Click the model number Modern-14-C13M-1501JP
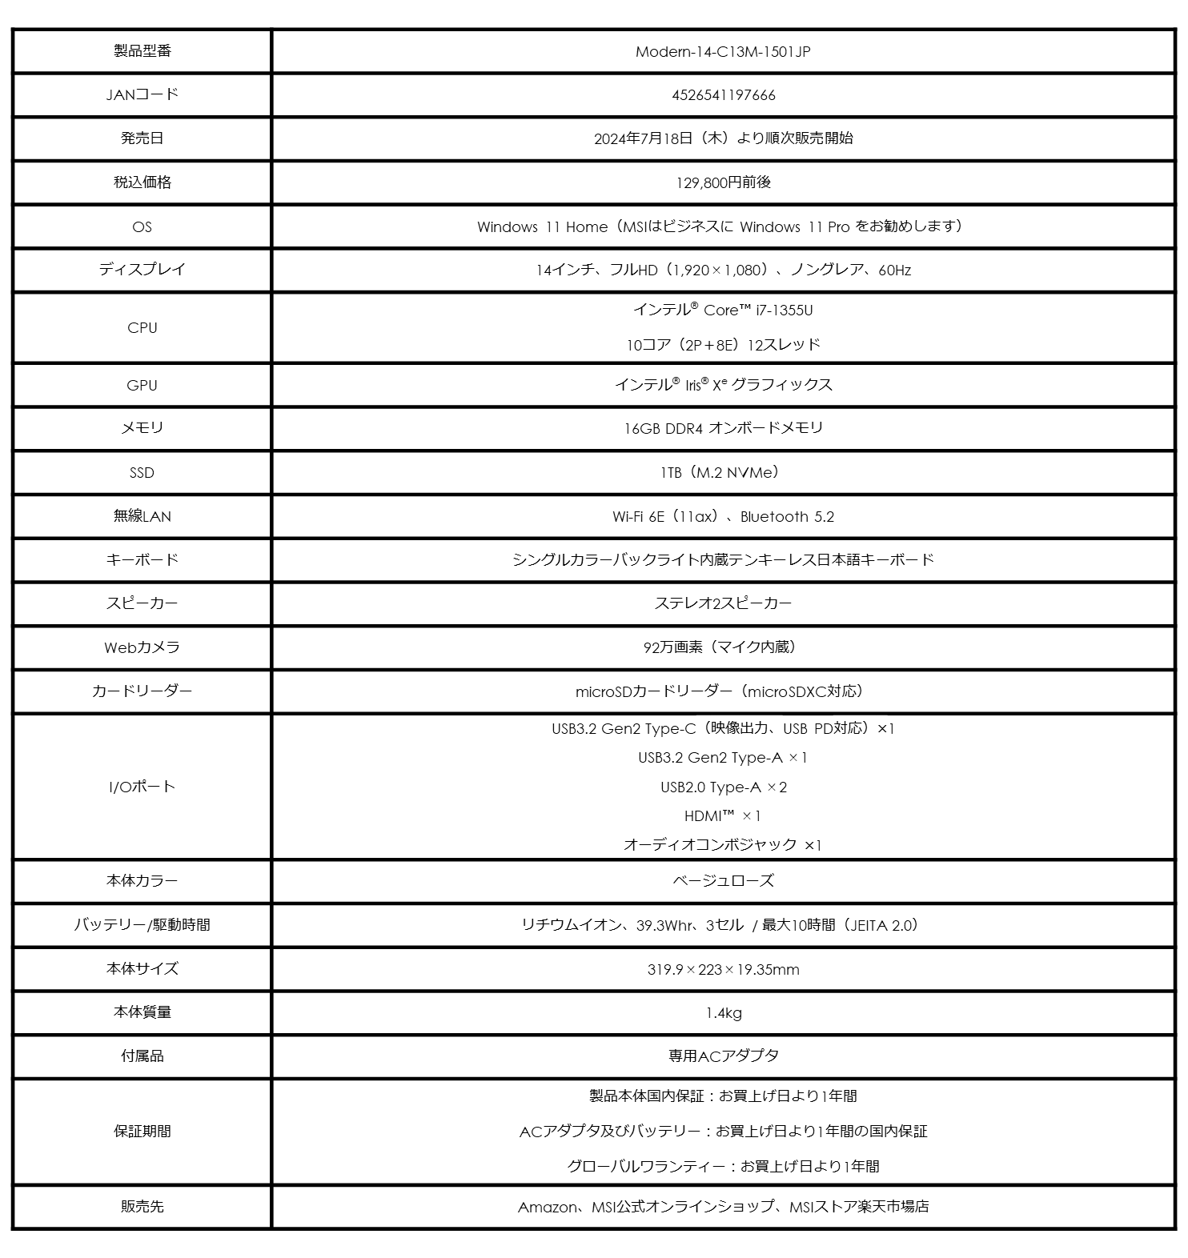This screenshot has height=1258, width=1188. pos(723,52)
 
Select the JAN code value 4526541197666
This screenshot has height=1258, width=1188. pos(723,95)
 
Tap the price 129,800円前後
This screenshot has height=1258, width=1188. pos(723,182)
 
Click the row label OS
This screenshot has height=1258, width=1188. pos(142,227)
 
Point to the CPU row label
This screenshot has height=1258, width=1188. pos(142,328)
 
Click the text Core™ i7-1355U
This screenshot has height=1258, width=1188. pos(757,310)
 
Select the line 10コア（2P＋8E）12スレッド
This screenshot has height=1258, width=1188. pos(723,345)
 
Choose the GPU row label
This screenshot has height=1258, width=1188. pos(142,386)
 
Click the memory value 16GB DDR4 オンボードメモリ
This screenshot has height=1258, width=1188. pos(723,428)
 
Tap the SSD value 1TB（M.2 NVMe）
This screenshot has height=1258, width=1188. pos(723,473)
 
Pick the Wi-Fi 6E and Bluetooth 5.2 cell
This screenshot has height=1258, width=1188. pos(723,517)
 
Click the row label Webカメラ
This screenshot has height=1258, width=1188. pos(142,647)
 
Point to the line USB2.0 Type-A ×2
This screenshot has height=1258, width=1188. pos(723,787)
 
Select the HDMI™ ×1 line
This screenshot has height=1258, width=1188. pos(723,816)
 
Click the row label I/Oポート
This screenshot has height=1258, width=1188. pos(142,787)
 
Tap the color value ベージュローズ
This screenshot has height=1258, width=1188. pos(723,881)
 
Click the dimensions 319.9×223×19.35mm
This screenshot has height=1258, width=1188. pos(723,970)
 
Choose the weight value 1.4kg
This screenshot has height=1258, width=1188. pos(723,1013)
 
